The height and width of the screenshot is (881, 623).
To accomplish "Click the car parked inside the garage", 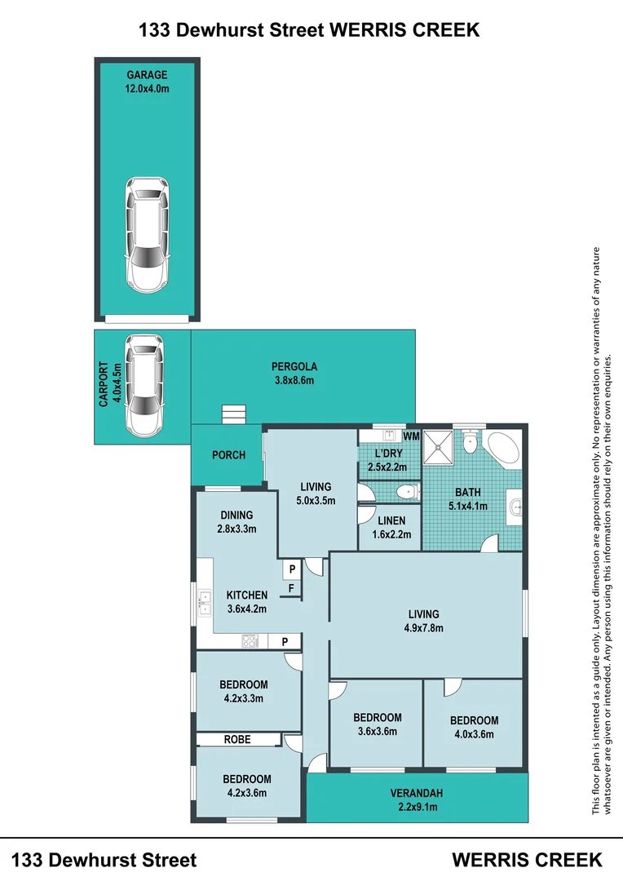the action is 147,234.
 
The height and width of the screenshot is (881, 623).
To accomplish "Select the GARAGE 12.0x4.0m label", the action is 147,82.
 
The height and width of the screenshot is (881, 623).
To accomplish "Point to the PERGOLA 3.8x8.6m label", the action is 294,373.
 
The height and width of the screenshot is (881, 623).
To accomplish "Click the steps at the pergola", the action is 234,414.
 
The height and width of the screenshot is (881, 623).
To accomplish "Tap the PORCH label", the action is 228,455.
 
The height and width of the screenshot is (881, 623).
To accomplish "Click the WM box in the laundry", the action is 411,436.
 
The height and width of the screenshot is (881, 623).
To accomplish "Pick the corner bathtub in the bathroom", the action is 504,447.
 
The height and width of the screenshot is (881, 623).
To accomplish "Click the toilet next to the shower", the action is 471,443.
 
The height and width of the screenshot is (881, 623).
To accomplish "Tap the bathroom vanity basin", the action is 515,507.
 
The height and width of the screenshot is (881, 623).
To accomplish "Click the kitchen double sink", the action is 204,602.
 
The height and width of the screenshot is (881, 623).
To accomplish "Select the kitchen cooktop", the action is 250,641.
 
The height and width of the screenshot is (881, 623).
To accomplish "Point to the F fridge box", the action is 292,588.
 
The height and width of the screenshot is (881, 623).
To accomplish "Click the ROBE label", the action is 237,739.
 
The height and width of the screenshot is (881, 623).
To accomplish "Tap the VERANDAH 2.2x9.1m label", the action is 417,800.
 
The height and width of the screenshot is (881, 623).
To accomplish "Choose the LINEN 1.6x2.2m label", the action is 391,528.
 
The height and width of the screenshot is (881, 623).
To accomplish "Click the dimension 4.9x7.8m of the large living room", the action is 423,628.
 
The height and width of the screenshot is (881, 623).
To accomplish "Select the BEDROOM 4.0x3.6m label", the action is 474,727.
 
